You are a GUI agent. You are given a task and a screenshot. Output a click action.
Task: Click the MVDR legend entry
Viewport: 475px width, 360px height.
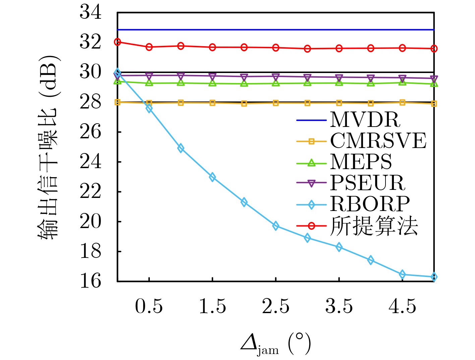pos(365,120)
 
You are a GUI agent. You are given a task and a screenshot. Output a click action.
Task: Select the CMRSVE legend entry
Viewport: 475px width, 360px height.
pos(378,141)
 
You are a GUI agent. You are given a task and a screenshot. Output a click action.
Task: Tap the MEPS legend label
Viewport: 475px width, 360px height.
pos(361,162)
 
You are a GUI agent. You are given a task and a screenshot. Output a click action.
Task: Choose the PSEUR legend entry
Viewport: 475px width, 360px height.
pos(367,183)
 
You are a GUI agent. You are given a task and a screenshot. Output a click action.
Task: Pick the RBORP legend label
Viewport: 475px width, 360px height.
pos(370,204)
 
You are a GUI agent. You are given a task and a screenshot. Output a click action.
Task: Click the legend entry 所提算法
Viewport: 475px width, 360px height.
pos(374,226)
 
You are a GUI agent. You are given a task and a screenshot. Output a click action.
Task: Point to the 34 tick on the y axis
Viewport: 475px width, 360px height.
pos(90,12)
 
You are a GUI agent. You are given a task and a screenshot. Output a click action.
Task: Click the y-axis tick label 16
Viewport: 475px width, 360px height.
pos(90,281)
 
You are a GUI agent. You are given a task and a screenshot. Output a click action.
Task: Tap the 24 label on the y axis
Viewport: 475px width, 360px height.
pos(90,162)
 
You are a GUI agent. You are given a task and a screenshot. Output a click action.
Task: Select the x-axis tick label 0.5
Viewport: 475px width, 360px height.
pos(149,306)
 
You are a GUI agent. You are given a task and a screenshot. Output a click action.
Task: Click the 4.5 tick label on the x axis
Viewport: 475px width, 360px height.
pos(402,306)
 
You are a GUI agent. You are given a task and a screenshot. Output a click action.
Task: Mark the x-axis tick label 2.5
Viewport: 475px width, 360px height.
pos(276,306)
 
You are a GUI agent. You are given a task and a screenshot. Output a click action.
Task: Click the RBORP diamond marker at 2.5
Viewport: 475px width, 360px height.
pos(276,226)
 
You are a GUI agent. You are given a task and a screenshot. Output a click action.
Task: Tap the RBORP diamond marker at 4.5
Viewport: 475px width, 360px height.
pos(402,275)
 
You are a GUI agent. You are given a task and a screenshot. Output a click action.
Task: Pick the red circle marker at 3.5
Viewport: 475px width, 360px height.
pos(339,49)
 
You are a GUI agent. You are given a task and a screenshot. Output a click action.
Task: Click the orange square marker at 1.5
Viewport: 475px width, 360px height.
pos(212,103)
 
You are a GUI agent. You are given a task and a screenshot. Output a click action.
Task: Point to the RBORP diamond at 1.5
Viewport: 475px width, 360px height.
pos(212,177)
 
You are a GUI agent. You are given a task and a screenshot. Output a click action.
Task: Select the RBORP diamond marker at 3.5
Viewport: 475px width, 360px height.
pos(339,247)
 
